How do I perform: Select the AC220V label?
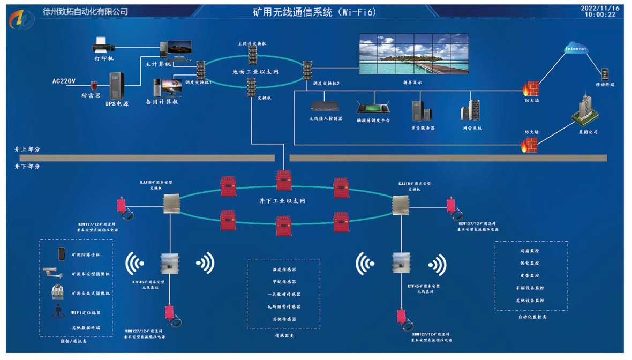64,81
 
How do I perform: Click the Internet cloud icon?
576,49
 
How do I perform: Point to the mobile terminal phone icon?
605,74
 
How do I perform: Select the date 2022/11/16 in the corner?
600,8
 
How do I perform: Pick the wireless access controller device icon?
326,107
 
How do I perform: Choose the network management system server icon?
471,110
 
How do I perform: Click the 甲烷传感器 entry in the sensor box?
283,282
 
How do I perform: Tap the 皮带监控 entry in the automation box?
531,276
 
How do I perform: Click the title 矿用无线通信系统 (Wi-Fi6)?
309,11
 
